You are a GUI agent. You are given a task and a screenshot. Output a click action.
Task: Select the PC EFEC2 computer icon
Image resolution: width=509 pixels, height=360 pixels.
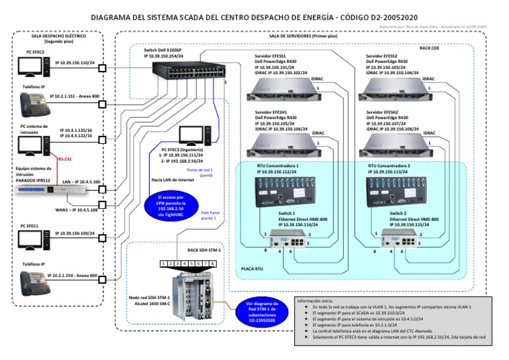tap(32, 66)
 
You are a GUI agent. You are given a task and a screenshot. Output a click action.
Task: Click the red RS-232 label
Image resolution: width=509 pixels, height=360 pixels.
tap(65, 159)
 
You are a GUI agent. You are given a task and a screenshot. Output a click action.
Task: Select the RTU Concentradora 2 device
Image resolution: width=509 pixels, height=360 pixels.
tap(400, 190)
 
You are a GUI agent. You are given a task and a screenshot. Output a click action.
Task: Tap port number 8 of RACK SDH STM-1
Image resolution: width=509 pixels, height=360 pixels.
tap(213, 264)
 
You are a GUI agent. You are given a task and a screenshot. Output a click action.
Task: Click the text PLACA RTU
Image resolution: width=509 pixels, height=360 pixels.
tap(253, 270)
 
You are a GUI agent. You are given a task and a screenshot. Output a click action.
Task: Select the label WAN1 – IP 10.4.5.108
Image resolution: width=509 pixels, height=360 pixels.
tap(76, 210)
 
